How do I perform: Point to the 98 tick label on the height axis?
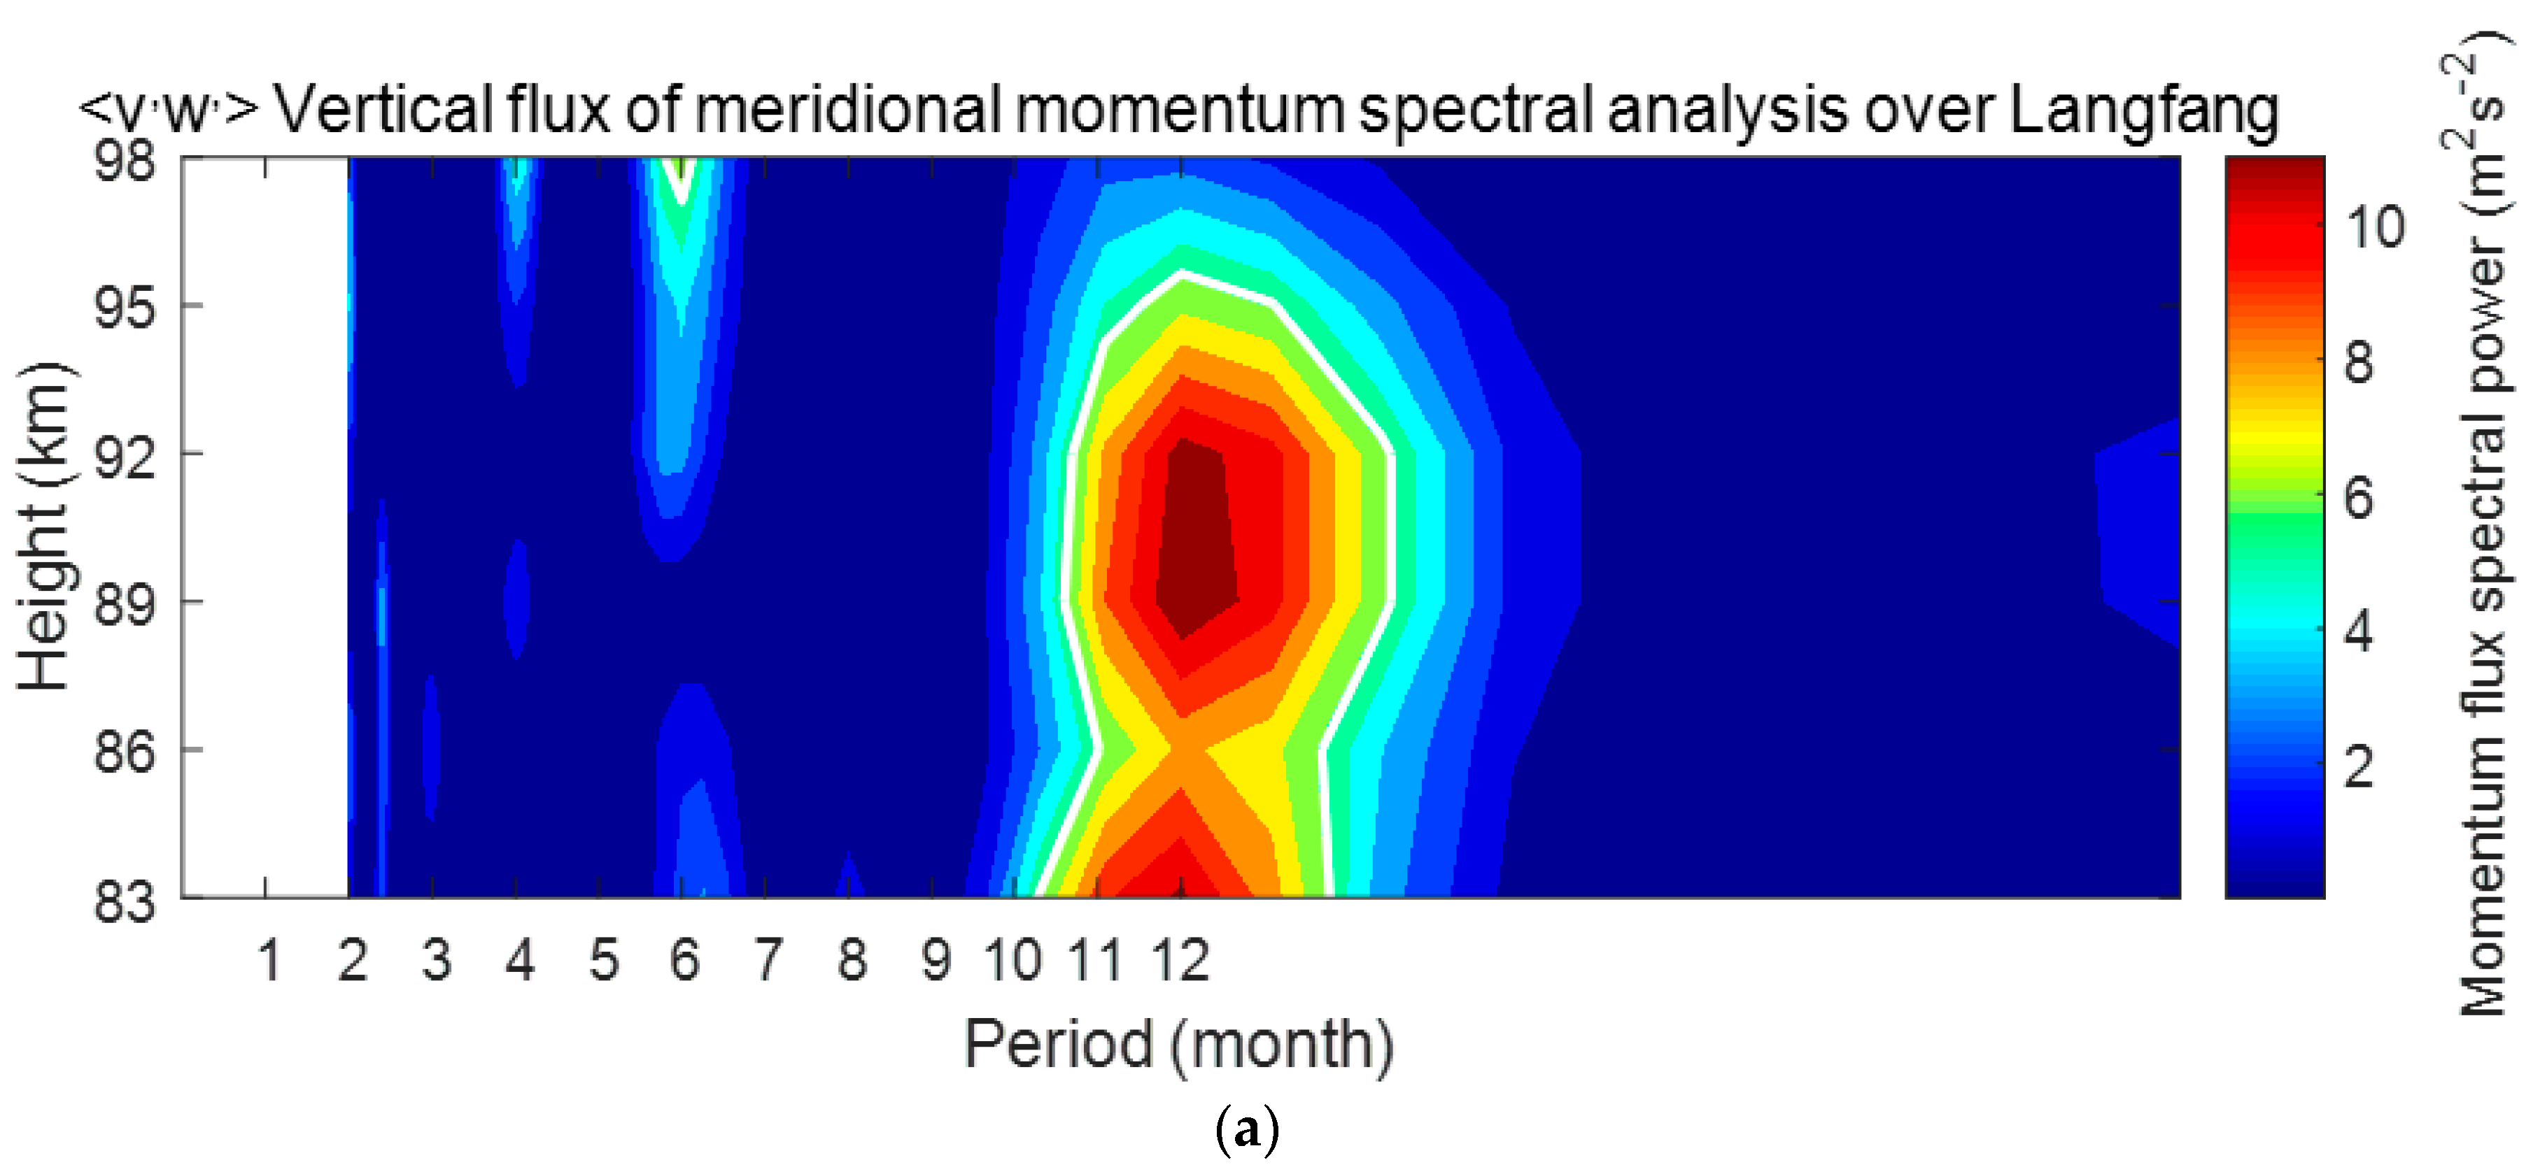coord(125,159)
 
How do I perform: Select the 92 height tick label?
coord(125,455)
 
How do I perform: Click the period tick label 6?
coord(685,960)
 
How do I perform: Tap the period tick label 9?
coord(936,960)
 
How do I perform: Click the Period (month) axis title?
coord(1179,1045)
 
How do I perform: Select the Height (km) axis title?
coord(43,527)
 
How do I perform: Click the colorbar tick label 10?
coord(2376,228)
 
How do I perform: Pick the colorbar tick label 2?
coord(2359,765)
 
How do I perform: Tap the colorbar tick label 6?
coord(2359,497)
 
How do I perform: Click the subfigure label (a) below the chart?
coord(1248,1130)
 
